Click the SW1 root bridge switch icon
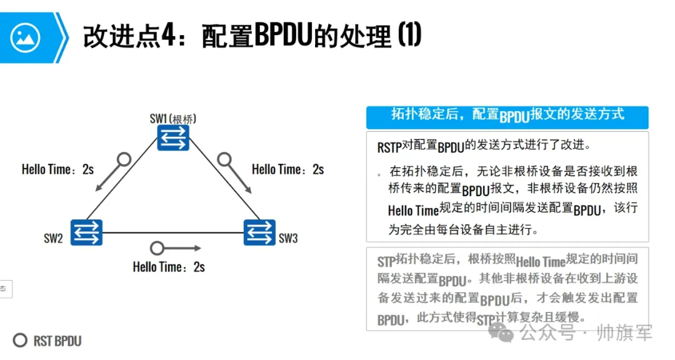(x=173, y=138)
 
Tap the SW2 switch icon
(x=86, y=232)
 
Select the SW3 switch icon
(x=259, y=232)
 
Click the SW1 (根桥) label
(x=177, y=118)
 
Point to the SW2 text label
(x=53, y=238)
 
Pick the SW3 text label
(x=288, y=238)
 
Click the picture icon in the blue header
(x=25, y=37)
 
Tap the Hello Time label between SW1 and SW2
(x=57, y=169)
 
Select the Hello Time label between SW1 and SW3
(x=287, y=169)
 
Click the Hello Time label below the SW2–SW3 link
(x=169, y=267)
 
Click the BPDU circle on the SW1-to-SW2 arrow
(x=124, y=159)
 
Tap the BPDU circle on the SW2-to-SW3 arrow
(x=157, y=247)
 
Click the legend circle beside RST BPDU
(x=21, y=341)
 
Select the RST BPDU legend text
(x=57, y=341)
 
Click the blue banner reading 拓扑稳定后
(x=507, y=114)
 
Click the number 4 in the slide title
(x=167, y=37)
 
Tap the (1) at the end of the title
(x=409, y=36)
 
